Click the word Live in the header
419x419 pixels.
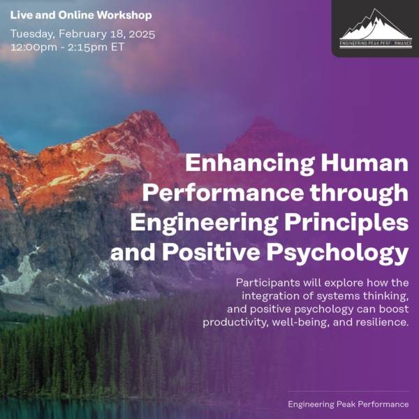click(21, 15)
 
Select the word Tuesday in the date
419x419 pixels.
click(32, 34)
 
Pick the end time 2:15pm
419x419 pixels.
click(86, 47)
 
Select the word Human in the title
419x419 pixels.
click(372, 165)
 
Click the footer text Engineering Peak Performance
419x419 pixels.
click(348, 404)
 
